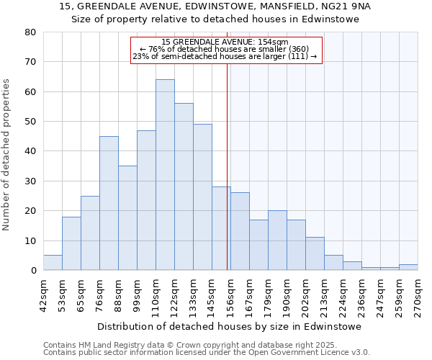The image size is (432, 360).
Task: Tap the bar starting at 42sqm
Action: pyautogui.click(x=53, y=263)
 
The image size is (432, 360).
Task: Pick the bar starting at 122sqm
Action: pyautogui.click(x=184, y=186)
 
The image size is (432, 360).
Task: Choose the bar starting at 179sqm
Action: pyautogui.click(x=277, y=240)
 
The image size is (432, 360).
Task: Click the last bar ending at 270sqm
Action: pyautogui.click(x=408, y=267)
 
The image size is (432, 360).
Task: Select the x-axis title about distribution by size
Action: pyautogui.click(x=229, y=326)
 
